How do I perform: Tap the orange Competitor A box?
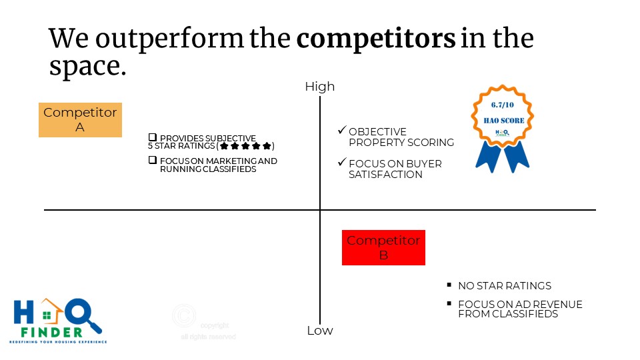coord(80,120)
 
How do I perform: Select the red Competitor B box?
coord(383,247)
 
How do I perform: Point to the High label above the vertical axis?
coord(320,87)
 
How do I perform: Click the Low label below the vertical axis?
coord(320,331)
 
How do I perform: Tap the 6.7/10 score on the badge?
coord(503,106)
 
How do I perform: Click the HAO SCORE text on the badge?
coord(503,121)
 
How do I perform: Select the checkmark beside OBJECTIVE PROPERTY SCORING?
coord(342,131)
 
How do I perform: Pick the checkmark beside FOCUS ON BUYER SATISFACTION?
coord(342,163)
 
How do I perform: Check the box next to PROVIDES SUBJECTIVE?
coord(153,137)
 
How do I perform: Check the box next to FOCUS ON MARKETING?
coord(153,160)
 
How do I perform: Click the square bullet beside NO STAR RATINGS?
coord(449,285)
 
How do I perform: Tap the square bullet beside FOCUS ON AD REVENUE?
coord(449,304)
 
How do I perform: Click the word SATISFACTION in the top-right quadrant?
coord(385,175)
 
